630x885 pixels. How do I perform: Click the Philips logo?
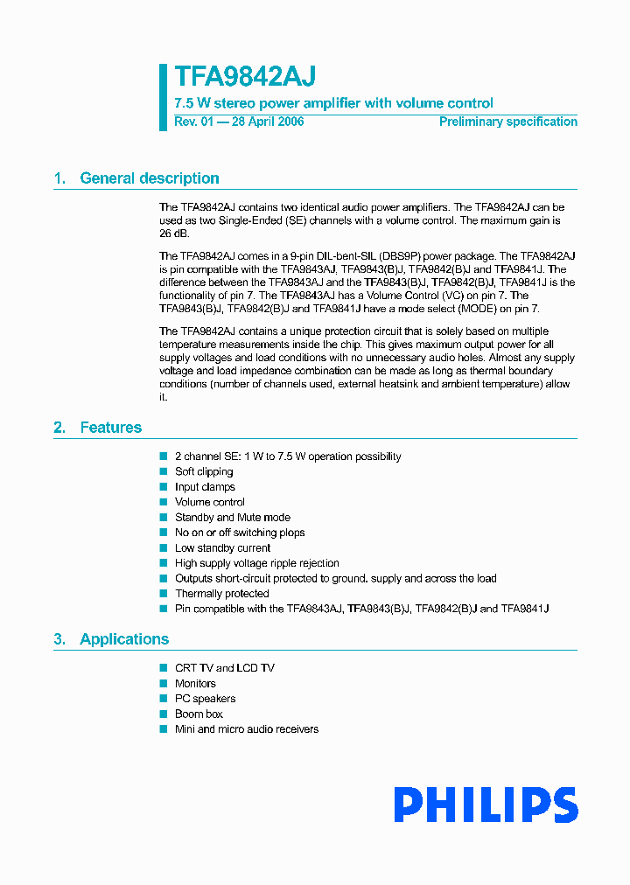485,805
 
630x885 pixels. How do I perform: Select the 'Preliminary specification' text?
507,122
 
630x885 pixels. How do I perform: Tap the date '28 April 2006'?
267,122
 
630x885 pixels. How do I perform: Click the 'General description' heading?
149,178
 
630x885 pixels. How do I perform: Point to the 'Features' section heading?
110,428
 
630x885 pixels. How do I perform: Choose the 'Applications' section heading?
124,639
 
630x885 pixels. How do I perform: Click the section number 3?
59,639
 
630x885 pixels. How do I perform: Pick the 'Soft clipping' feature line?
204,471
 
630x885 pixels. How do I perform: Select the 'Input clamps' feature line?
205,487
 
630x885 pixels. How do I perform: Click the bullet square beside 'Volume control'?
163,502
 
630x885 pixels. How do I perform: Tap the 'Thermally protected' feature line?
221,594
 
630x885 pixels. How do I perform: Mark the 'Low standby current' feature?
222,548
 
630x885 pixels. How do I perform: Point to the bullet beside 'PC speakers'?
163,699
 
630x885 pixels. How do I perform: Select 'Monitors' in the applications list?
195,684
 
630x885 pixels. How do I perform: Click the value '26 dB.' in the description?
174,233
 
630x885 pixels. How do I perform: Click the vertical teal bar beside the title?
163,97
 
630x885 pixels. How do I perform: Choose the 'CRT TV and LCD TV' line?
224,668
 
